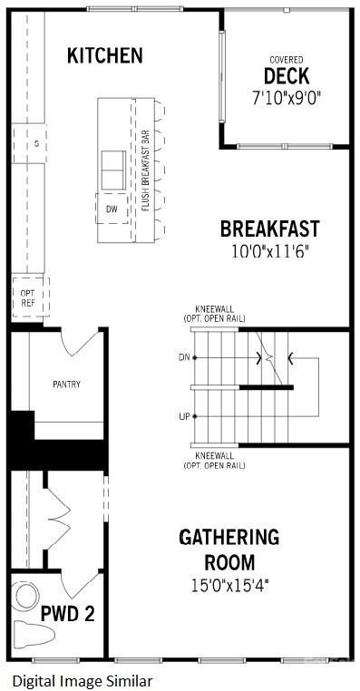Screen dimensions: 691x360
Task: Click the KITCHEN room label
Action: (x=105, y=55)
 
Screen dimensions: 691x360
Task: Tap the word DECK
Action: (x=286, y=75)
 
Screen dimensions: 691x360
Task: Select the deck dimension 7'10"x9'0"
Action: (x=286, y=95)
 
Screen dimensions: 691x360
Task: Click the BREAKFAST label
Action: (x=268, y=228)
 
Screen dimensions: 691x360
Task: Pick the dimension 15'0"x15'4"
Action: (x=229, y=586)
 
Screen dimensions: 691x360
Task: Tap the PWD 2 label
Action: (x=68, y=614)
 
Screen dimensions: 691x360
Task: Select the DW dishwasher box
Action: (x=112, y=209)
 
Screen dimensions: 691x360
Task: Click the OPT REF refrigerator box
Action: (x=27, y=298)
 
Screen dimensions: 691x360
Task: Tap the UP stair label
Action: (x=185, y=416)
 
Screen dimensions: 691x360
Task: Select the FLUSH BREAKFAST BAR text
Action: (x=145, y=170)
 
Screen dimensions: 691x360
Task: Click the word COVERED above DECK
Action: (x=286, y=59)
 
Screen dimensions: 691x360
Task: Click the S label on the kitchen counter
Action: (x=36, y=144)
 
